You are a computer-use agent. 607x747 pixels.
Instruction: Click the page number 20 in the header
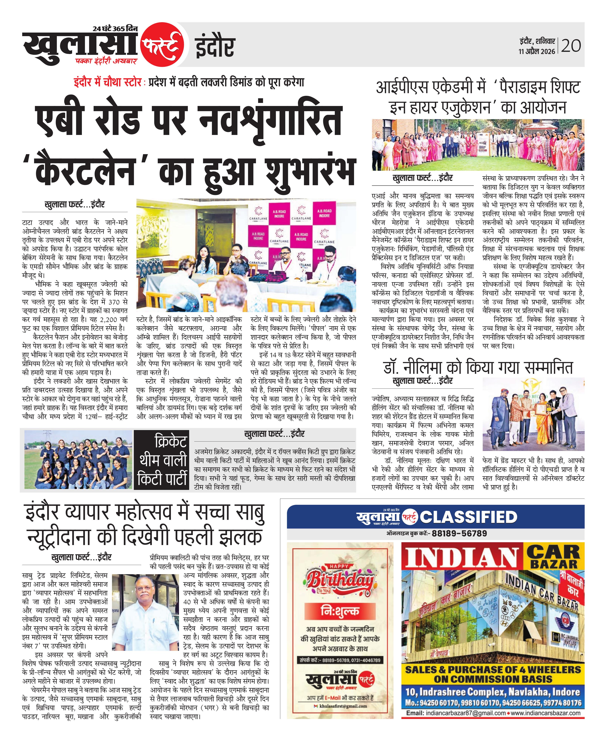571,45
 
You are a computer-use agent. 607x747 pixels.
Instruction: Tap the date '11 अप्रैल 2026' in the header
537,51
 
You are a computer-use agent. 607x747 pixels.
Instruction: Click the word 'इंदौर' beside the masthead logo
214,46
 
